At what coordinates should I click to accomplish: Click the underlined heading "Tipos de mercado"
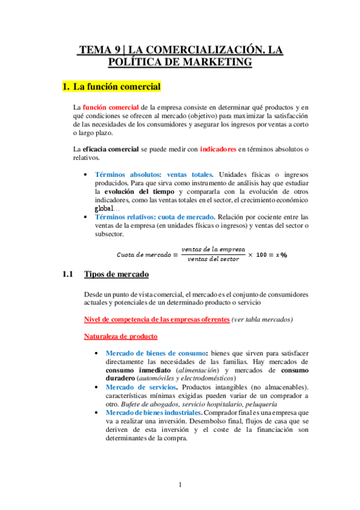tap(117, 275)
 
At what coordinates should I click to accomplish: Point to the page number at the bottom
tap(179, 485)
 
